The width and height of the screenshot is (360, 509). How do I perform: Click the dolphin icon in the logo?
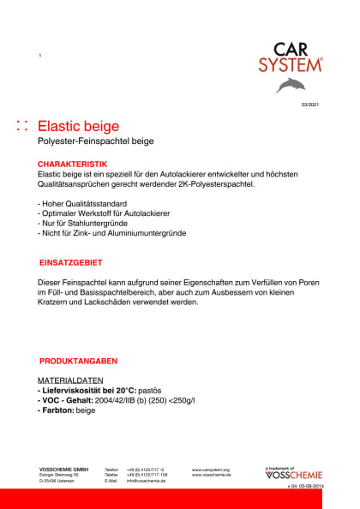290,84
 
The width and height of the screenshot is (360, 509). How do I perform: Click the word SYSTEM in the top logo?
291,64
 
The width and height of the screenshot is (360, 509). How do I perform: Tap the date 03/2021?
309,104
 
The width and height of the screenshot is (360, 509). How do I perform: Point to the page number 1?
40,56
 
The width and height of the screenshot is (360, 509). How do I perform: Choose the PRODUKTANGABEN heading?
78,361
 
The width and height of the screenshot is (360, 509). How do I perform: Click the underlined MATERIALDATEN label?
70,380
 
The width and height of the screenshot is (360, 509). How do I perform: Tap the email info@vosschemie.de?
146,481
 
